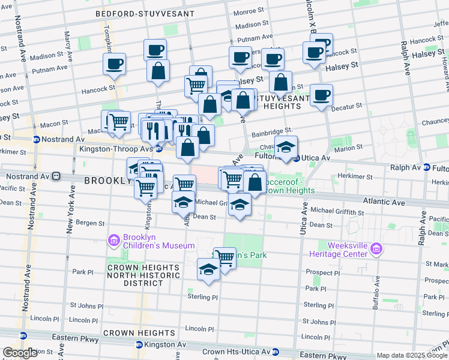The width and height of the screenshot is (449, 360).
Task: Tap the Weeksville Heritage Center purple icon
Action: click(376, 249)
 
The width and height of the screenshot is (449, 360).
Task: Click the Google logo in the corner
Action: click(20, 353)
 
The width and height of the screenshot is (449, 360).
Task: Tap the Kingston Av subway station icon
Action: click(139, 344)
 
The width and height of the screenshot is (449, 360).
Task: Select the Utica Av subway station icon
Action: click(296, 158)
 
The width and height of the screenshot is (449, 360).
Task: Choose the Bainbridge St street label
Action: click(271, 130)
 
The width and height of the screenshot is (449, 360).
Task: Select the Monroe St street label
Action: click(245, 11)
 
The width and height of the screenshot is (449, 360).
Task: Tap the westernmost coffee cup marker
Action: click(114, 64)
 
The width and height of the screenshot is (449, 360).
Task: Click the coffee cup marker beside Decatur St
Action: click(321, 94)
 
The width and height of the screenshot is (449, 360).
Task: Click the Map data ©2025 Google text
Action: click(412, 355)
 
